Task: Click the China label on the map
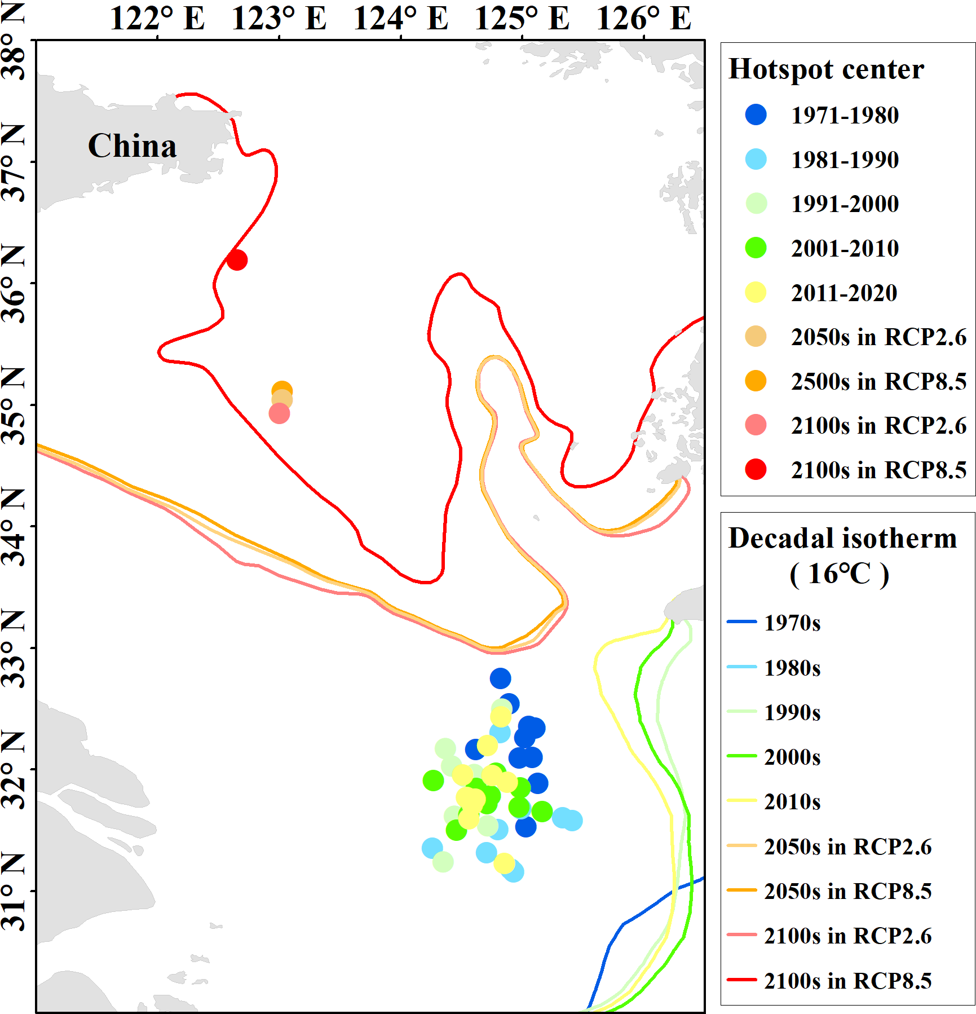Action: (133, 146)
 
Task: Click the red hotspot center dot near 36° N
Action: (237, 260)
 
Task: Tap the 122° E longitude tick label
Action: (157, 18)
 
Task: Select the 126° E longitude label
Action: (643, 18)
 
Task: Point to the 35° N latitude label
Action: (14, 405)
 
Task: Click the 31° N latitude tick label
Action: (14, 891)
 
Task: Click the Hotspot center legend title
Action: (826, 69)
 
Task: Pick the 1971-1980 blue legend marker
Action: (756, 114)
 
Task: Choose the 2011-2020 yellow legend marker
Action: (756, 292)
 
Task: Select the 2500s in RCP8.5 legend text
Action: (878, 381)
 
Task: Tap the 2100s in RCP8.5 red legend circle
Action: (756, 469)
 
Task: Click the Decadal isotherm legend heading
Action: (842, 539)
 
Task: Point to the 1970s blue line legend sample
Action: (741, 621)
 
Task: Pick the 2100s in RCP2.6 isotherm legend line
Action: (741, 934)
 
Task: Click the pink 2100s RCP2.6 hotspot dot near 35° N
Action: (279, 413)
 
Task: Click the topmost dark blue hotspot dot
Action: (500, 678)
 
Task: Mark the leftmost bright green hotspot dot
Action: (433, 781)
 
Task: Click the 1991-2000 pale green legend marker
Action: (756, 203)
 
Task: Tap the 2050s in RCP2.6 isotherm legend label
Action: (847, 847)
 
